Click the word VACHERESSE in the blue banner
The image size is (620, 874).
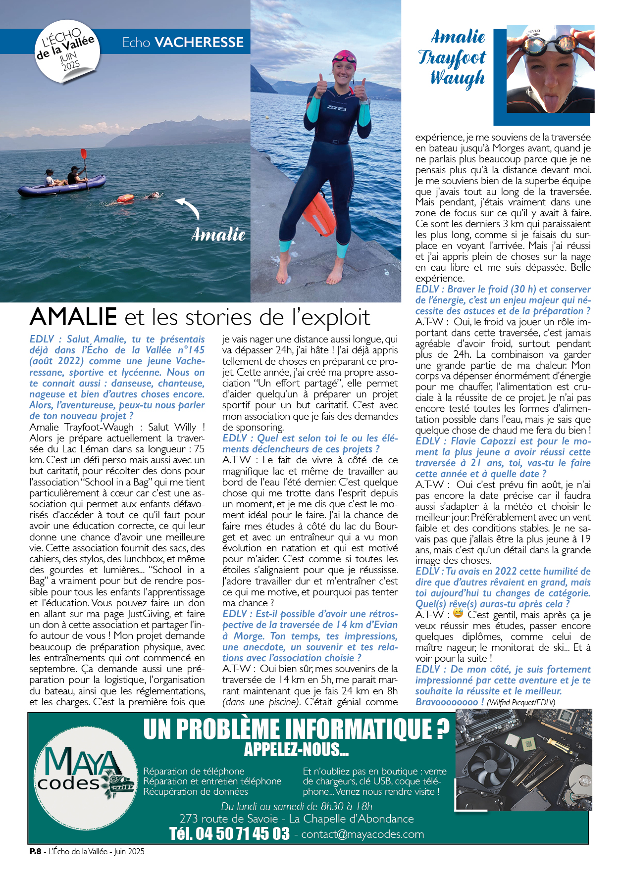(x=199, y=43)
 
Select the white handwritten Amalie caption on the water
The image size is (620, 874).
(x=218, y=234)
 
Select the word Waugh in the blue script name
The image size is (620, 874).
(x=457, y=78)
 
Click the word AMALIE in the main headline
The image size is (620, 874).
(x=73, y=317)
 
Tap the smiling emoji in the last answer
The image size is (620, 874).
(x=458, y=614)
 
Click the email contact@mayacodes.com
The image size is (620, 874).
(x=362, y=834)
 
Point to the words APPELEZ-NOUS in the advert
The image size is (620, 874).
(x=296, y=750)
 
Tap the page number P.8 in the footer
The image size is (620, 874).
(x=35, y=851)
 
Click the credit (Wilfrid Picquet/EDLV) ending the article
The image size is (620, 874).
(x=521, y=702)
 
